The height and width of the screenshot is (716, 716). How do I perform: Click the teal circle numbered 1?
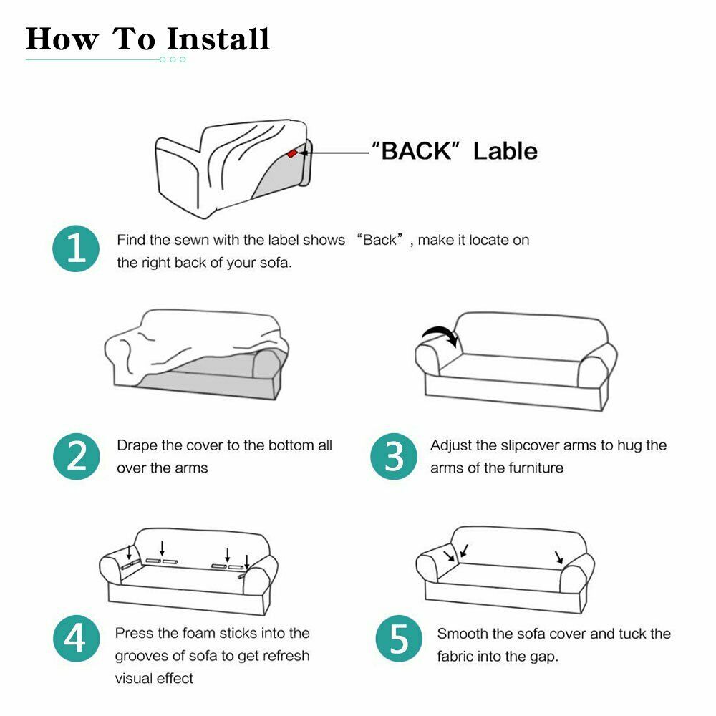point(76,248)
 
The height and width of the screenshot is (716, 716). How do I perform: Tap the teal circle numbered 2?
point(77,456)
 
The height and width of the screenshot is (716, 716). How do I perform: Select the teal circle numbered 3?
point(394,456)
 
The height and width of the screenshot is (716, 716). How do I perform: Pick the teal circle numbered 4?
point(77,638)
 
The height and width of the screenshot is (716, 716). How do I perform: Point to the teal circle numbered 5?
point(399,638)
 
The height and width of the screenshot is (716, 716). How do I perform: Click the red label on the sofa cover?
point(292,153)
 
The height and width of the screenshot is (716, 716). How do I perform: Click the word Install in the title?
point(218,39)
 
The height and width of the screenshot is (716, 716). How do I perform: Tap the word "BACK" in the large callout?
point(416,150)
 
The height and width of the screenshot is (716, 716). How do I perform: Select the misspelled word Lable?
point(505,150)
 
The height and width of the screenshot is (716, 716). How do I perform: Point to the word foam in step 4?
point(198,633)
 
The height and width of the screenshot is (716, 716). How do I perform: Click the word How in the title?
point(62,39)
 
